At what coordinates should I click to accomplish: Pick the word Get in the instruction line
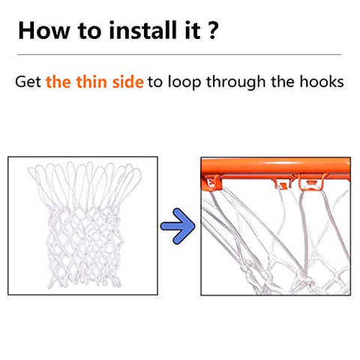tap(28, 82)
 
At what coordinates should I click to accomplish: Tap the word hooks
tap(321, 82)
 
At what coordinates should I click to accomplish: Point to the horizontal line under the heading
tap(179, 54)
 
